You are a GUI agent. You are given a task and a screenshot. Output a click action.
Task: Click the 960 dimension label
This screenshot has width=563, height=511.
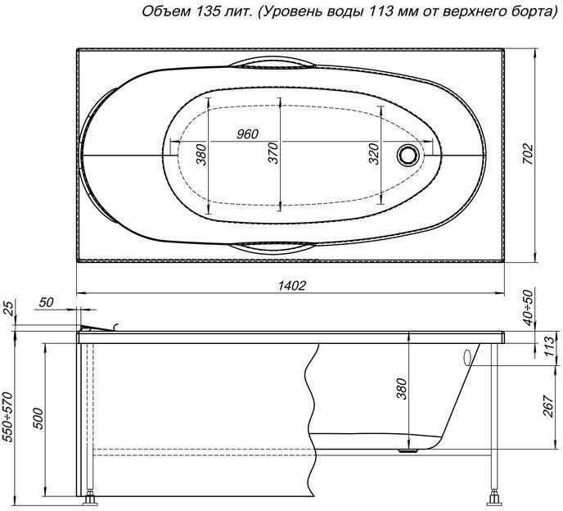pos(248,133)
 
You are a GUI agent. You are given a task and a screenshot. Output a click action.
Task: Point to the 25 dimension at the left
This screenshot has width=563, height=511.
pos(8,309)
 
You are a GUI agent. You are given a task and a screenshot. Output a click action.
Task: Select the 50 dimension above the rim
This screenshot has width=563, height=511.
pos(46,302)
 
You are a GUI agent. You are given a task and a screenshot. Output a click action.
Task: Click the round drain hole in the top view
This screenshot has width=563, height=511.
pos(406,153)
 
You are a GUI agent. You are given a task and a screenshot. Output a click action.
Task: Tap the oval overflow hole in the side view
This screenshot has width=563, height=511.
pos(466,357)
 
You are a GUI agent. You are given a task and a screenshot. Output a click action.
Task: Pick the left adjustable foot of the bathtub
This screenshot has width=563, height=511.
pos(92,496)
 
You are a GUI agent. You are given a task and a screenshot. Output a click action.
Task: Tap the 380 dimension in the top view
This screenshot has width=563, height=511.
pos(201,153)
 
